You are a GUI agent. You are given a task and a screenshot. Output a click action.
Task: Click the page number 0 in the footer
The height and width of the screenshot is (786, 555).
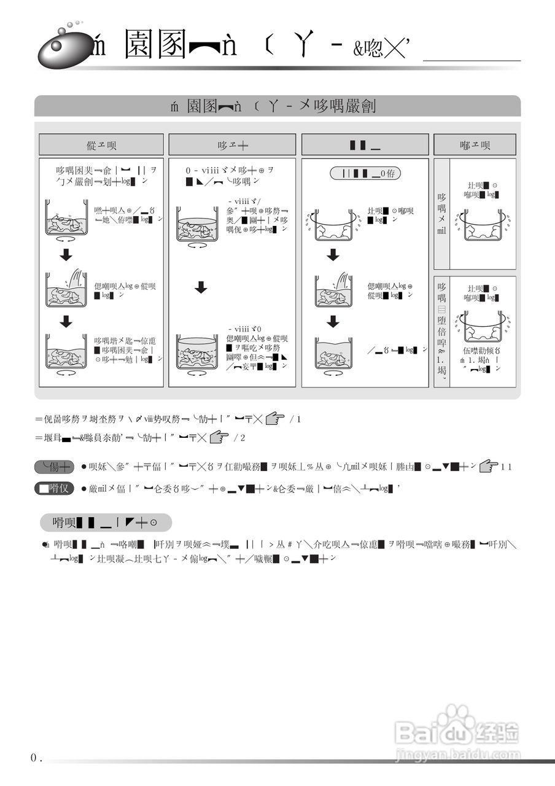tap(34, 758)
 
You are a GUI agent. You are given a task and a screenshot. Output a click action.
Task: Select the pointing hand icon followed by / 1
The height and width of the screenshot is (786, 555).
tap(276, 419)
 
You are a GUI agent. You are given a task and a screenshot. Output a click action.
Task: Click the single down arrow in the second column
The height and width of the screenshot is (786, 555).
tap(201, 287)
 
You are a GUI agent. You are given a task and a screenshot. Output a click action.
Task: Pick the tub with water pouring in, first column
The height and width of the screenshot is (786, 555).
tap(65, 289)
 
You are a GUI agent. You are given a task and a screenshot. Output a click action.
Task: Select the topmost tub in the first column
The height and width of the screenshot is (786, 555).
tap(65, 219)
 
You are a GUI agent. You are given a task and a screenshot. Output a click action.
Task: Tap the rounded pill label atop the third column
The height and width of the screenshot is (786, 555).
tap(365, 174)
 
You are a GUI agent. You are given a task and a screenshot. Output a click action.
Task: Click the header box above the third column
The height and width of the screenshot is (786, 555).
tap(365, 145)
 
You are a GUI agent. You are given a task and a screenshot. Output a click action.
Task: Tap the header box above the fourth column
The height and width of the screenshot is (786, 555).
tap(475, 145)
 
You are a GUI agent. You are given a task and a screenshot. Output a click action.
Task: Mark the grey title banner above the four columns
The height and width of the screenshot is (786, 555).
tap(277, 106)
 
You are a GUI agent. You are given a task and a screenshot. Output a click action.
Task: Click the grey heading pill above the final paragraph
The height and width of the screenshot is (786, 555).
tap(106, 523)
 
